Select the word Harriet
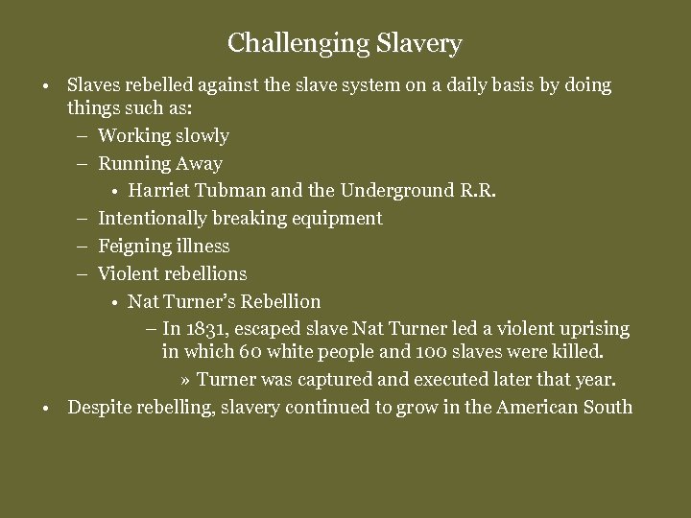click(158, 191)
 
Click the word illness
click(203, 247)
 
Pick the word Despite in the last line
click(99, 407)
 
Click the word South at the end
click(607, 407)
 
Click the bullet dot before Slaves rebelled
click(47, 86)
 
